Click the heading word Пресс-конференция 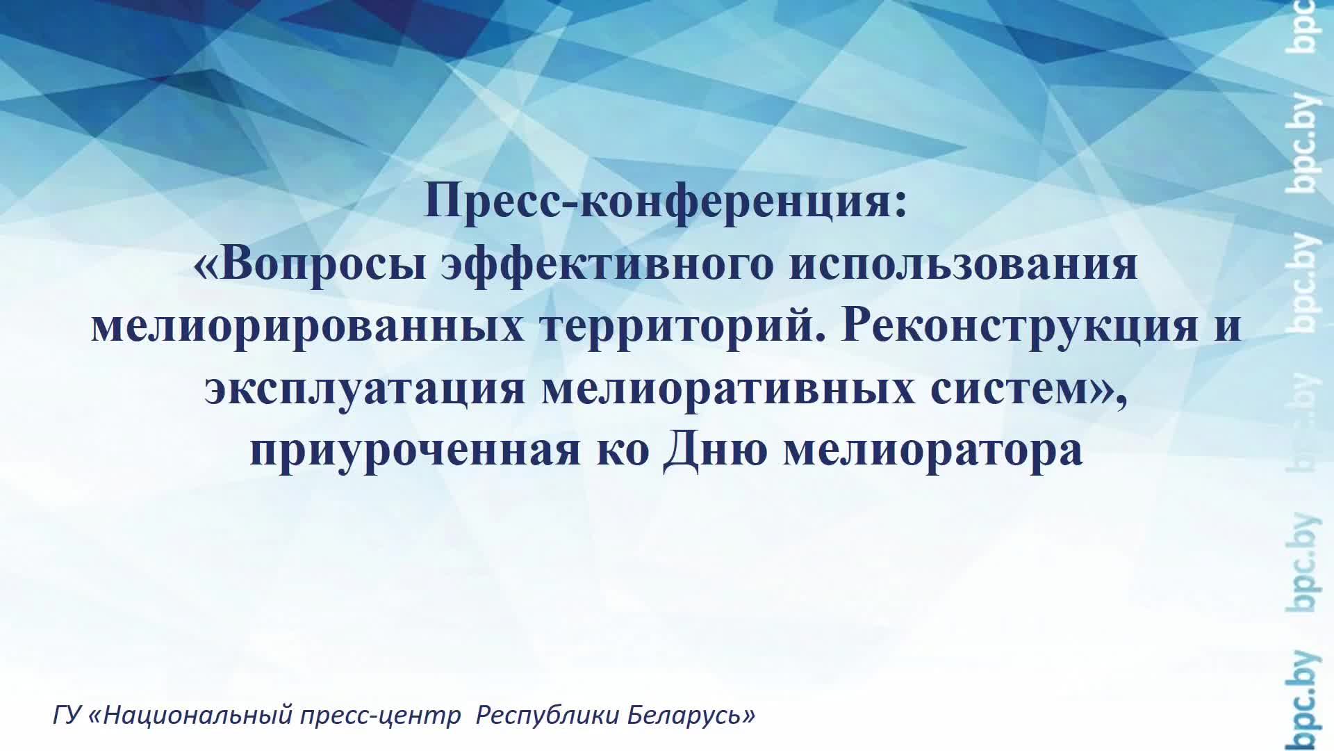click(665, 202)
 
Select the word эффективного click(607, 264)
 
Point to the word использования click(963, 264)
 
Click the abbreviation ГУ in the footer click(67, 716)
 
